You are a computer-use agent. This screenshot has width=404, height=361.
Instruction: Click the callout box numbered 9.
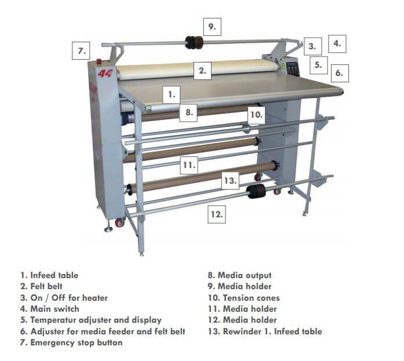coord(212,27)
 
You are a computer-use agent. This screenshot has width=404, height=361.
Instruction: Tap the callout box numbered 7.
coord(81,51)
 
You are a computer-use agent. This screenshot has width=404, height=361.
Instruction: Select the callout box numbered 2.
coord(202,71)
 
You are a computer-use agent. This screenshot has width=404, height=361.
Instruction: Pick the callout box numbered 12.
coord(217,214)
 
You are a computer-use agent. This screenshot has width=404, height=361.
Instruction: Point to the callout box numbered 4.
coord(337,44)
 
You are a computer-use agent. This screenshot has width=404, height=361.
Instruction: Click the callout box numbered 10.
coord(256,115)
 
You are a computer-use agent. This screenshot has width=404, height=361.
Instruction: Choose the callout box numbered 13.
coord(230,181)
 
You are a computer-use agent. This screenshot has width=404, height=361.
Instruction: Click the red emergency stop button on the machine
coord(99,61)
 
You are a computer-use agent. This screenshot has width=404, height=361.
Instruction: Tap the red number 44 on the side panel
coord(105,74)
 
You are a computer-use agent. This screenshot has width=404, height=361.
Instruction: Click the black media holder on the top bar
coord(194,42)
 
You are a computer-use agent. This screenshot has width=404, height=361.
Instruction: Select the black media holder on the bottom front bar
coord(256,191)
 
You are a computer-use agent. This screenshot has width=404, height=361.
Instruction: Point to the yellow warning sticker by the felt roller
coord(283,67)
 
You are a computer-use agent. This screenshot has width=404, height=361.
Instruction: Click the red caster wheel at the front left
coord(119,223)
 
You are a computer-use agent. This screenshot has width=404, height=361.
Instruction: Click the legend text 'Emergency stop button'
coord(77,342)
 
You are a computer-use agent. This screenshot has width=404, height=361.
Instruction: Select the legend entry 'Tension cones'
coord(244,298)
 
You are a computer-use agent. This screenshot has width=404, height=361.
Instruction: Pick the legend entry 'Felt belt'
coord(41,286)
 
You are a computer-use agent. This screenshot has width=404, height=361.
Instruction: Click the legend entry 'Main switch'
coord(50,309)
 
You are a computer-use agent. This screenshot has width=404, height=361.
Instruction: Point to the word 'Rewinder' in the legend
coord(242,331)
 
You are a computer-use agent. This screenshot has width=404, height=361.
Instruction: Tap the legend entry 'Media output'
coord(239,275)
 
